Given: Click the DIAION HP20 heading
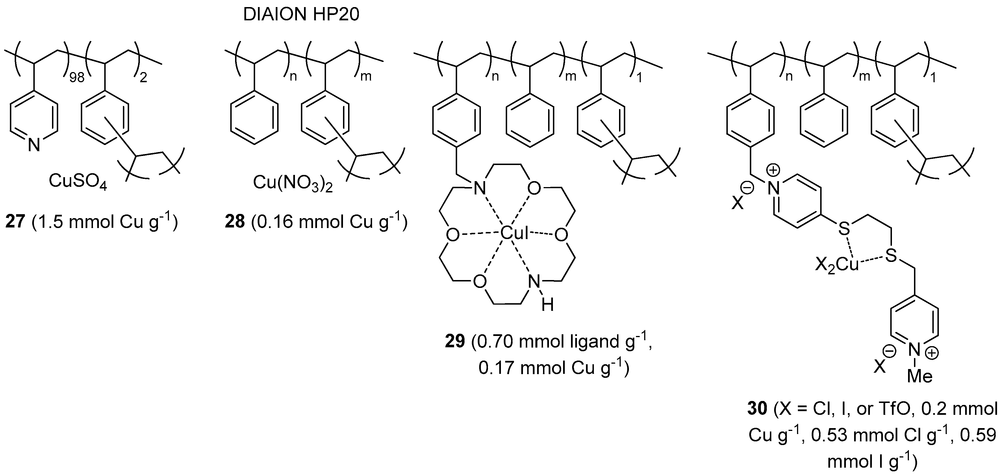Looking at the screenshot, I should point(301,15).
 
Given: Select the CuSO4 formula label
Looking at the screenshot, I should point(77,181).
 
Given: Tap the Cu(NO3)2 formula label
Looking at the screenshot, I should point(293,182).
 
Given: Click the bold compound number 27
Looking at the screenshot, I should point(15,222).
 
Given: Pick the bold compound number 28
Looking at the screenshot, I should point(235,222).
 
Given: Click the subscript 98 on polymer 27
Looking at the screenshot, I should point(77,77).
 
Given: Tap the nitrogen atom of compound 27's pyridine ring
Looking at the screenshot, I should point(34,145).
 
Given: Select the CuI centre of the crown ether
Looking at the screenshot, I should point(514,233).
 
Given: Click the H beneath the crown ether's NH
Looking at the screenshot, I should point(548,305).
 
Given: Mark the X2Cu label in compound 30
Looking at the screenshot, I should point(837,266).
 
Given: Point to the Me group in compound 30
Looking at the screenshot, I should point(919,376).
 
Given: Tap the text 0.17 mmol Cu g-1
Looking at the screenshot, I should point(553,368).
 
